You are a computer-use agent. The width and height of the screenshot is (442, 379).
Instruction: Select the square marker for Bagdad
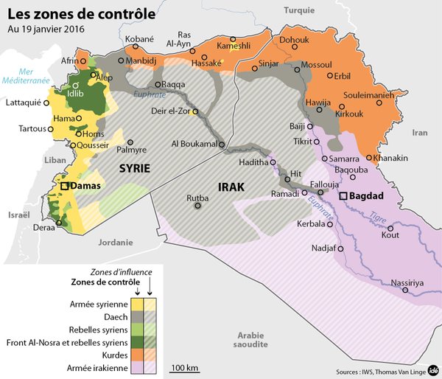pyautogui.click(x=343, y=197)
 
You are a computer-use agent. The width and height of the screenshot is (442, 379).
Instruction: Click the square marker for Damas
pyautogui.click(x=66, y=187)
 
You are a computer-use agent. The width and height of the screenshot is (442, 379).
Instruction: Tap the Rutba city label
pyautogui.click(x=198, y=197)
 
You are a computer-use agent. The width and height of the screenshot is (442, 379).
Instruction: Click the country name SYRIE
pyautogui.click(x=135, y=169)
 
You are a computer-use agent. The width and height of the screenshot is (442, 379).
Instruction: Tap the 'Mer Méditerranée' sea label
pyautogui.click(x=24, y=76)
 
